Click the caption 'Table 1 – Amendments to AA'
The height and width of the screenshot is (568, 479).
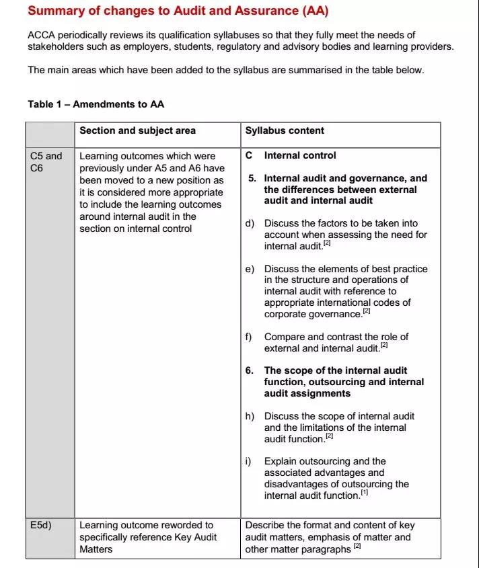(x=96, y=104)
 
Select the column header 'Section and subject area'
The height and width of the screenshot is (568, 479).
(x=137, y=130)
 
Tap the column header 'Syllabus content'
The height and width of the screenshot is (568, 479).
(x=284, y=130)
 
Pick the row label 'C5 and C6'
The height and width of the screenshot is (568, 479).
(x=46, y=161)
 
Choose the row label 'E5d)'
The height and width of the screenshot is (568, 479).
(x=42, y=525)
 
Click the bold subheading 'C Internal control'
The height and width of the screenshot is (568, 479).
(x=291, y=155)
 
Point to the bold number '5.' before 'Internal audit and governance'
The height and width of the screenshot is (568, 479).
(x=252, y=178)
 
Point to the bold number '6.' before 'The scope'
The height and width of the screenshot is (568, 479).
(x=252, y=370)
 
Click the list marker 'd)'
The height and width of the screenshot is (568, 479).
(x=250, y=223)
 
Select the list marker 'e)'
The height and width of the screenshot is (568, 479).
(x=250, y=269)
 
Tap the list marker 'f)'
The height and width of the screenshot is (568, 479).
(x=249, y=337)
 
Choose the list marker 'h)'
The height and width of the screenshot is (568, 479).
(x=250, y=416)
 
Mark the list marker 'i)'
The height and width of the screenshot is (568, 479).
(x=248, y=461)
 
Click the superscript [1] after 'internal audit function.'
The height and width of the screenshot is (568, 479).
(x=365, y=493)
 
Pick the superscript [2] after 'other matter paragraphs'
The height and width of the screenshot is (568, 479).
(x=358, y=547)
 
